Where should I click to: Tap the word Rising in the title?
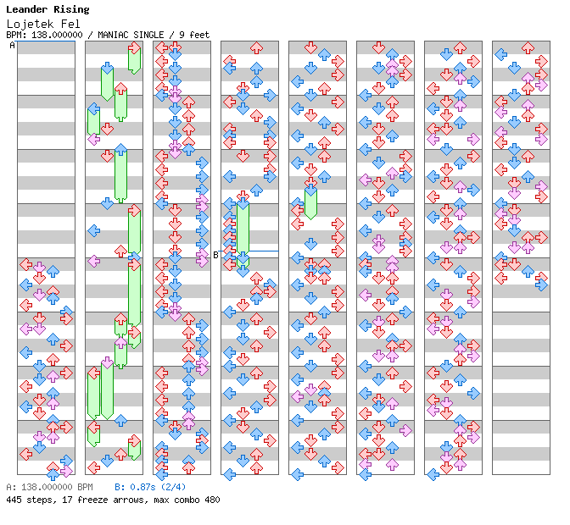pos(71,9)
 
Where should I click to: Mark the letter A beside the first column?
pos(12,46)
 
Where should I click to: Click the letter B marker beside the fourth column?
pos(215,254)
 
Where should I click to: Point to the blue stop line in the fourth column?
pos(263,251)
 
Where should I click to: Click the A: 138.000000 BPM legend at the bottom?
pos(49,488)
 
